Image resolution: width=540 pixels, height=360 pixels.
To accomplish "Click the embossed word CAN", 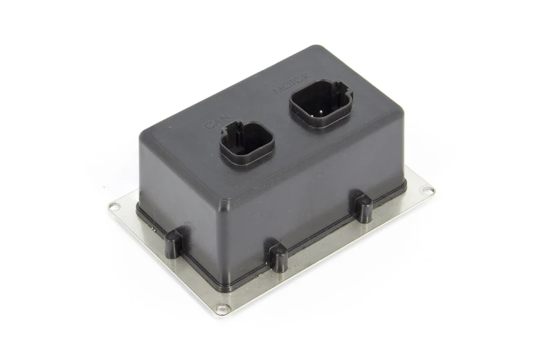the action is pos(217,120).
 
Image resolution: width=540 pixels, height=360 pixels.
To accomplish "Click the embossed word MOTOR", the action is pos(291,82).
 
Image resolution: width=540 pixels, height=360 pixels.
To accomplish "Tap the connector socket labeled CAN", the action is pos(247,143).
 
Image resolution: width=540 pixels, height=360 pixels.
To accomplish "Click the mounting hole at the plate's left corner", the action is pos(114,207).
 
